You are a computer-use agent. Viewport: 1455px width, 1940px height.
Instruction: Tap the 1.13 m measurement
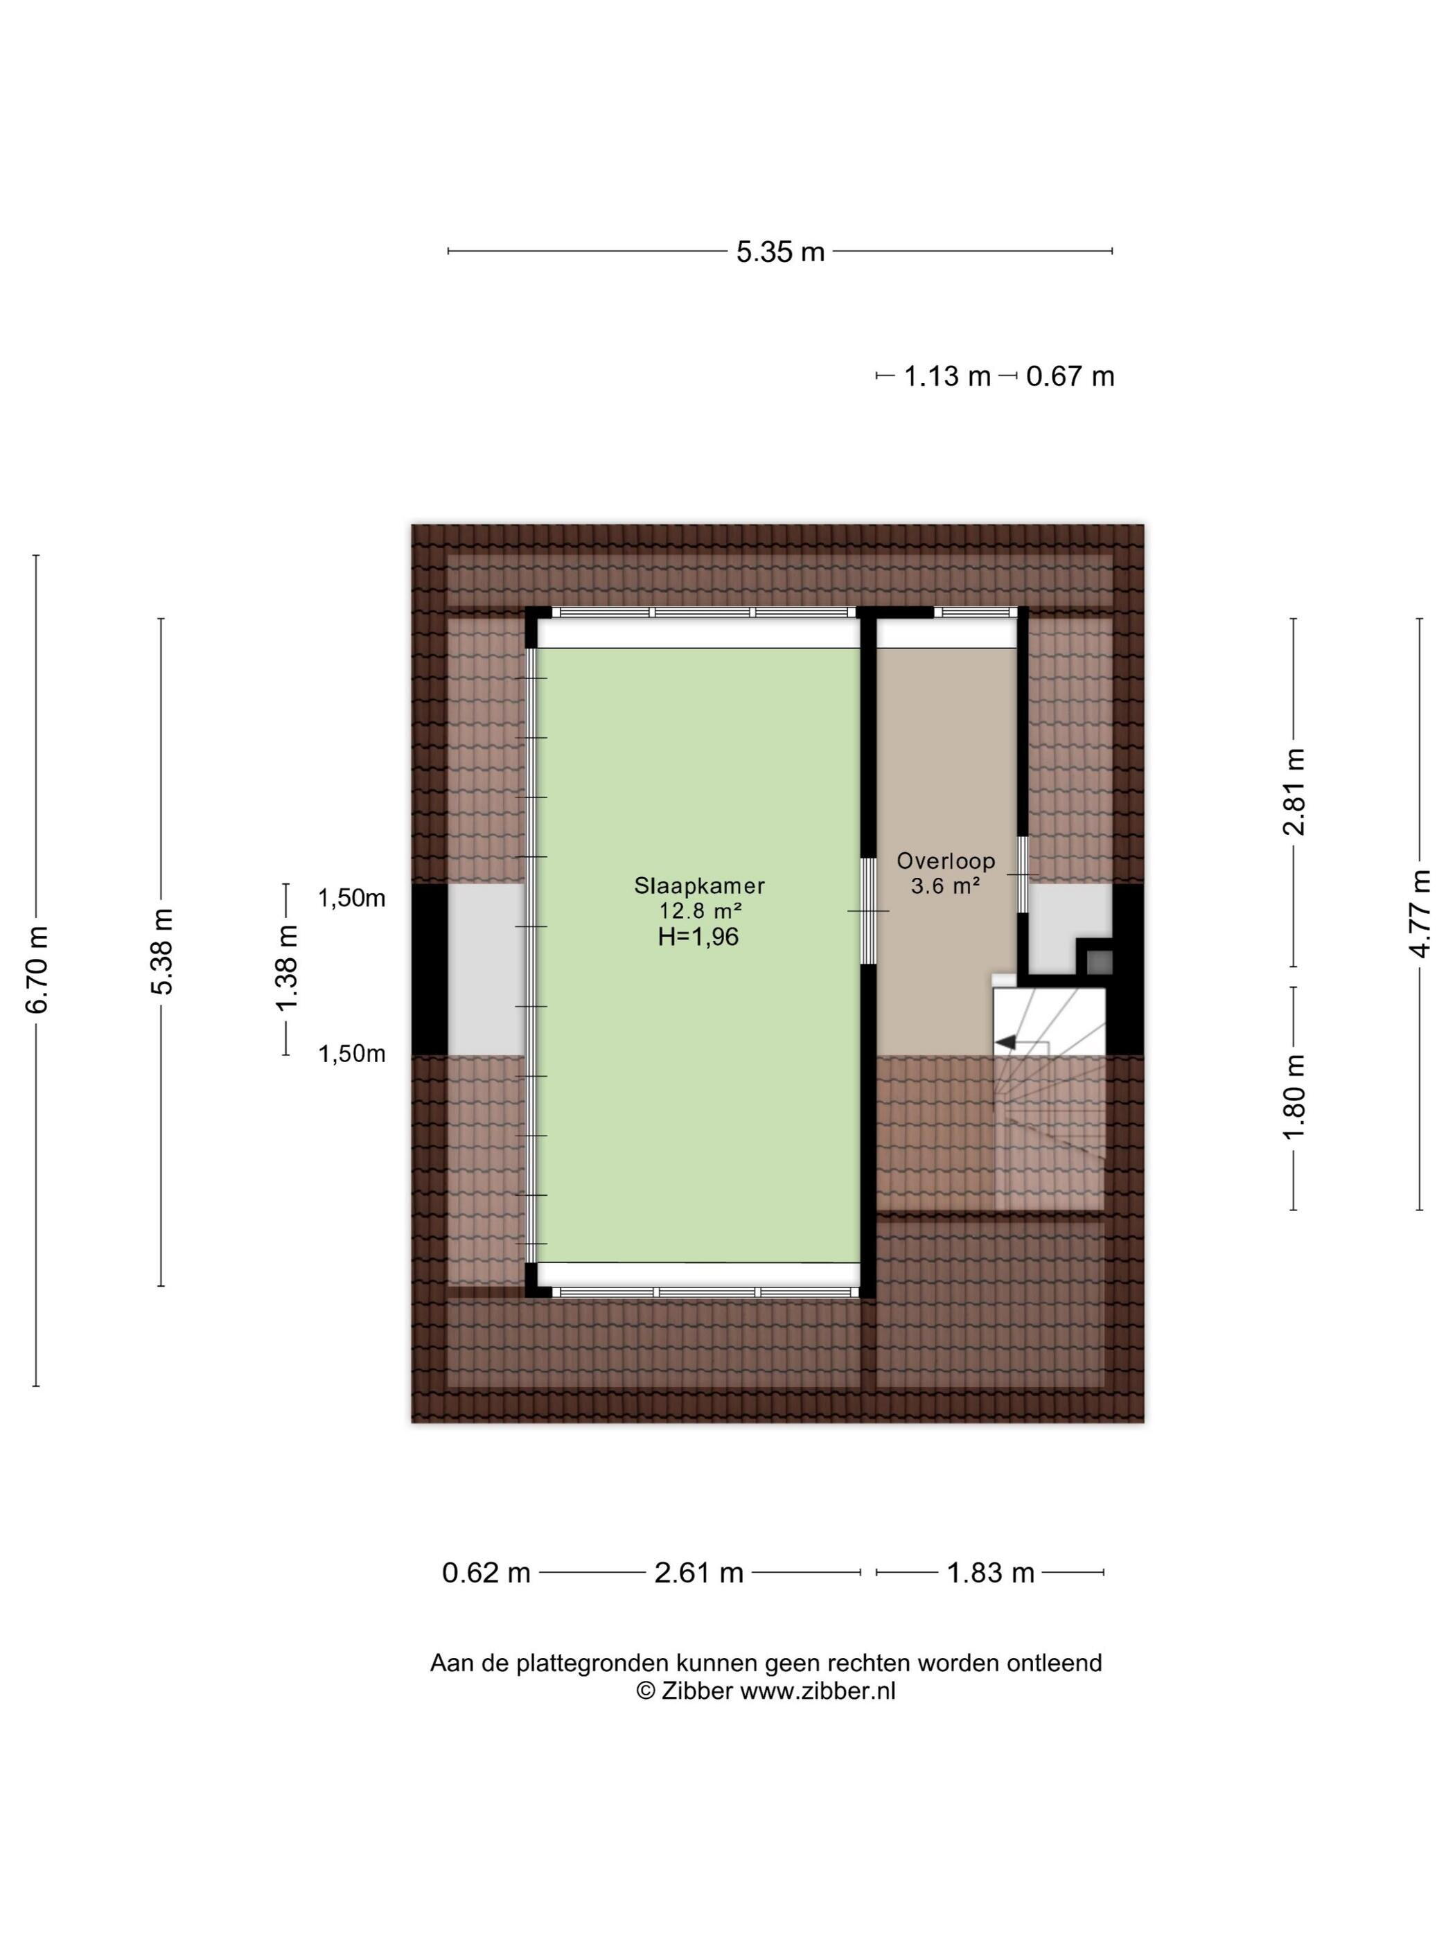(946, 376)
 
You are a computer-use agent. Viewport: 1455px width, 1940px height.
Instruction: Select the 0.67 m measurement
(1070, 376)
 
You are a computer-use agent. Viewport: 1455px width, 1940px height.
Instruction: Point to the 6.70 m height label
(37, 969)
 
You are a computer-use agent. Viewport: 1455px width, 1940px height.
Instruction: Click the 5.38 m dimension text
(162, 951)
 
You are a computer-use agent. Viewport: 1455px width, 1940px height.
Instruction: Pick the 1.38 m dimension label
(287, 968)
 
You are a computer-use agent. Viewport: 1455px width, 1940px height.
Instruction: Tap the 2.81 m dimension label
(1294, 792)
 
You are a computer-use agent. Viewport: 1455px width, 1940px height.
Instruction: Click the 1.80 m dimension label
(1294, 1097)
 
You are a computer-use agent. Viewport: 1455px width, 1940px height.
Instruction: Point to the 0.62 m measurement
(486, 1573)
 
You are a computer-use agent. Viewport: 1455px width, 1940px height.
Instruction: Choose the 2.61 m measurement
(699, 1573)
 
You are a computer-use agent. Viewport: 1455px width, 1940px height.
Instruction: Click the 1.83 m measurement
(990, 1573)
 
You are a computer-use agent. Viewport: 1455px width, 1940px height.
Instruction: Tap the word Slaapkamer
(700, 885)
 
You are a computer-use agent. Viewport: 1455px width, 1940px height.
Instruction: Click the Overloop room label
(946, 861)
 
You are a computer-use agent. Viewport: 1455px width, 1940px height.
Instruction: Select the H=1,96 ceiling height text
(699, 937)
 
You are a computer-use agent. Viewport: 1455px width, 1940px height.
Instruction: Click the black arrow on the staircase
(1005, 1042)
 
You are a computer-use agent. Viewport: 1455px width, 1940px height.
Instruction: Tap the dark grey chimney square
(1099, 963)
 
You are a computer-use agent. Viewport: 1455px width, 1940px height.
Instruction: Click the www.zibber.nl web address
(818, 1691)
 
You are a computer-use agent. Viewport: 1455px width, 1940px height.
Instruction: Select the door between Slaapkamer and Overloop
(868, 911)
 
